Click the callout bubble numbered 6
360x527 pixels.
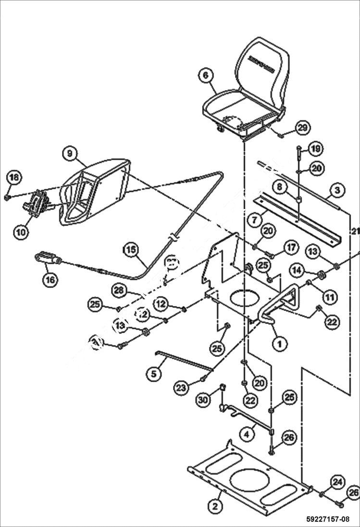[205, 75]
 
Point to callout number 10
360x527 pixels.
[21, 232]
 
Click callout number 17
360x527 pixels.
[291, 248]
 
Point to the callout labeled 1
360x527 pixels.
[279, 343]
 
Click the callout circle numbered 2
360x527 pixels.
[215, 505]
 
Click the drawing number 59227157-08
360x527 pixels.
[327, 519]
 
